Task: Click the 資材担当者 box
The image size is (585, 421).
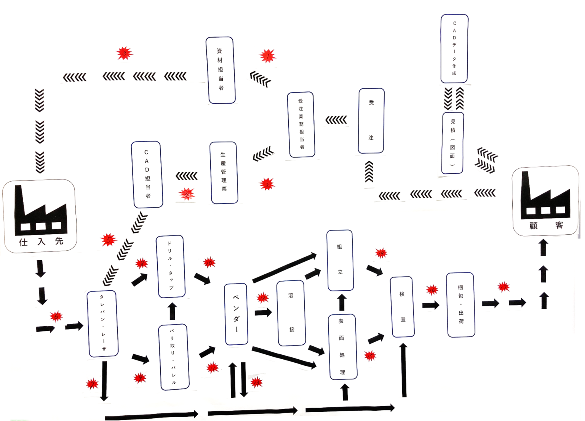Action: pyautogui.click(x=221, y=70)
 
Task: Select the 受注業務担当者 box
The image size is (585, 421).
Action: pyautogui.click(x=301, y=125)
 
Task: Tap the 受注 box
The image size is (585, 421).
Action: pyautogui.click(x=371, y=121)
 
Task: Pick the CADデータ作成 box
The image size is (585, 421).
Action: pyautogui.click(x=454, y=49)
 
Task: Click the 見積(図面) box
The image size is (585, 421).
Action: pyautogui.click(x=453, y=143)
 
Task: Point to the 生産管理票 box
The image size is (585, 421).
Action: pyautogui.click(x=224, y=173)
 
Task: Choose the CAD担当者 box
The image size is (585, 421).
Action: pyautogui.click(x=147, y=174)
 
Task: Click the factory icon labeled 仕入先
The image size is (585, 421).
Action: pyautogui.click(x=40, y=216)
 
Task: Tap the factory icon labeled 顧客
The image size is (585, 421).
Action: pyautogui.click(x=546, y=201)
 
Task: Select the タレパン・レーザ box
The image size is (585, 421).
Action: pyautogui.click(x=103, y=324)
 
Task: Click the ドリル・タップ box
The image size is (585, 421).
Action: pyautogui.click(x=171, y=266)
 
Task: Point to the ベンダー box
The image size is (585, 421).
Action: pyautogui.click(x=236, y=314)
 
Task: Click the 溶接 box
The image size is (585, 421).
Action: pyautogui.click(x=291, y=313)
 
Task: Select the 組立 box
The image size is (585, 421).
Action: pyautogui.click(x=340, y=260)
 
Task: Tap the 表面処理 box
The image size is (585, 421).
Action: pyautogui.click(x=342, y=347)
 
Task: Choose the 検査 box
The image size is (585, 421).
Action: pyautogui.click(x=403, y=307)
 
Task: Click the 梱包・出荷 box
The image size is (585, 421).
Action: pyautogui.click(x=461, y=305)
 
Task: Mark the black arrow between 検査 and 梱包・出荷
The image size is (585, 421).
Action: pyautogui.click(x=431, y=305)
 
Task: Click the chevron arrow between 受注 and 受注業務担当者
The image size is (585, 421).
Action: pyautogui.click(x=336, y=120)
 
